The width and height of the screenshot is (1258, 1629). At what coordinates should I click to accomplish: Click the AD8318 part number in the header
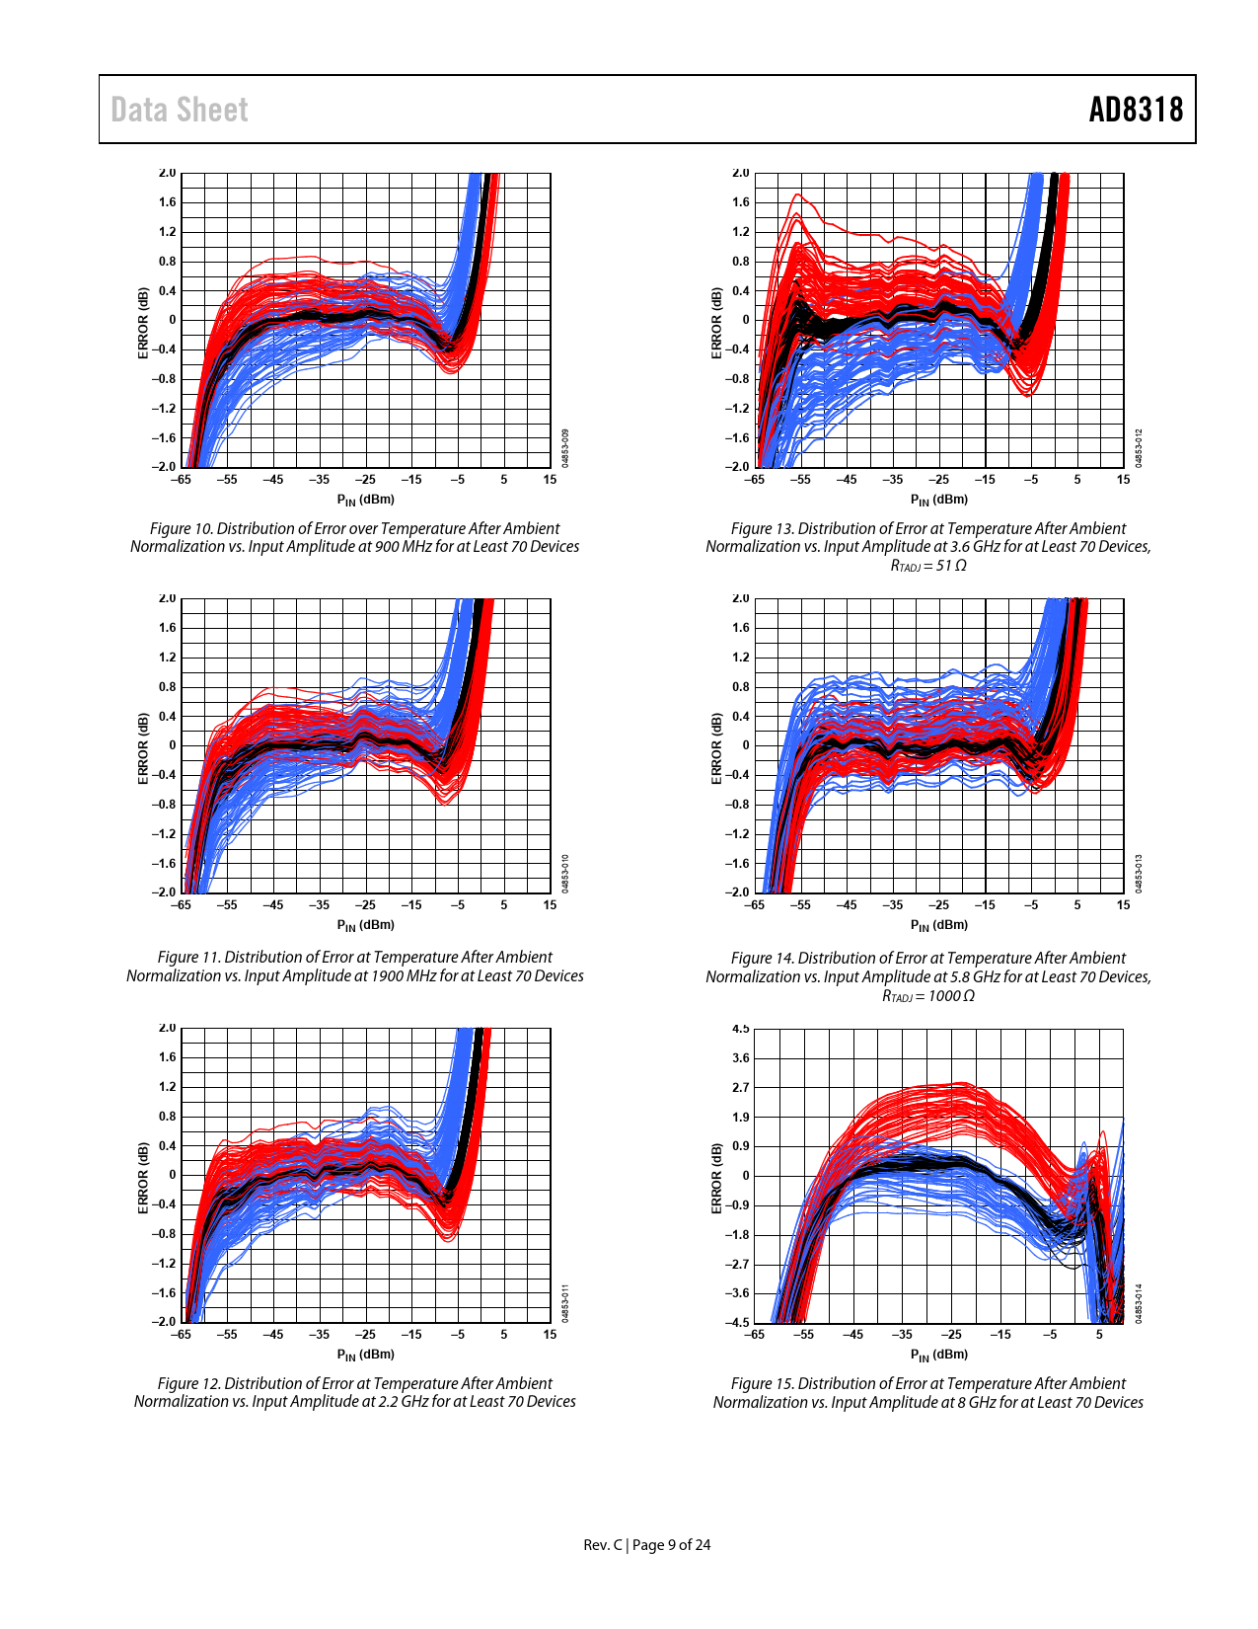click(x=1136, y=110)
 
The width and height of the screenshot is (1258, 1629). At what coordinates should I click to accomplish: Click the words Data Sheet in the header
click(x=179, y=110)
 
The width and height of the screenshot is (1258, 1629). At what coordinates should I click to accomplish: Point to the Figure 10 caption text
click(x=354, y=537)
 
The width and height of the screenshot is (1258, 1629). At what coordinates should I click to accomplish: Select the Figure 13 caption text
click(x=928, y=547)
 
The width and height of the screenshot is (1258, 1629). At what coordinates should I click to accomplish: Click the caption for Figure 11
click(x=354, y=967)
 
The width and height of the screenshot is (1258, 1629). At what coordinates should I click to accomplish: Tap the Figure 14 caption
click(x=928, y=976)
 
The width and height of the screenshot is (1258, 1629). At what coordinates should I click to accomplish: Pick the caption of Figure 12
click(x=354, y=1392)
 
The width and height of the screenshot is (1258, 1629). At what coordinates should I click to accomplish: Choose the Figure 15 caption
click(x=928, y=1393)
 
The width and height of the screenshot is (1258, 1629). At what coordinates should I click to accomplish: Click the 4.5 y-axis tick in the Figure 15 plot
click(x=740, y=1029)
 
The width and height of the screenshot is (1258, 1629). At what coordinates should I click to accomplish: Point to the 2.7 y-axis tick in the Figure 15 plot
click(x=740, y=1087)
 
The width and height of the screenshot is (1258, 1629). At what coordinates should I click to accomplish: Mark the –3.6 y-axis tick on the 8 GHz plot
click(x=737, y=1293)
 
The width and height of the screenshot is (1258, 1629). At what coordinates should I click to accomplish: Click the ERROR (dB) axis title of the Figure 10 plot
click(x=143, y=323)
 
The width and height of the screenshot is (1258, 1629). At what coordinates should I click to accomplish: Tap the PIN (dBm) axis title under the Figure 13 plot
click(x=939, y=500)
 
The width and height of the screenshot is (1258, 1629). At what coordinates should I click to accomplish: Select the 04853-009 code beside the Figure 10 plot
click(x=565, y=448)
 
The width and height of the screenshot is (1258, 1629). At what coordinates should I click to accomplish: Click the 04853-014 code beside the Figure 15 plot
click(x=1138, y=1303)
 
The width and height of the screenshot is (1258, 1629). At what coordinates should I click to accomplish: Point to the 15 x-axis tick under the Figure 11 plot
click(x=550, y=904)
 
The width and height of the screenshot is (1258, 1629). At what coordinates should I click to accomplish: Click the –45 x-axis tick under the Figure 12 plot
click(x=272, y=1335)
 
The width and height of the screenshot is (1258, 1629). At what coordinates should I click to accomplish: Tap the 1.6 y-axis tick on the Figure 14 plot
click(x=740, y=628)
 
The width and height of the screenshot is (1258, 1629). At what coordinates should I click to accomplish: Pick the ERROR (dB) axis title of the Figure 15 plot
click(x=716, y=1178)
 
